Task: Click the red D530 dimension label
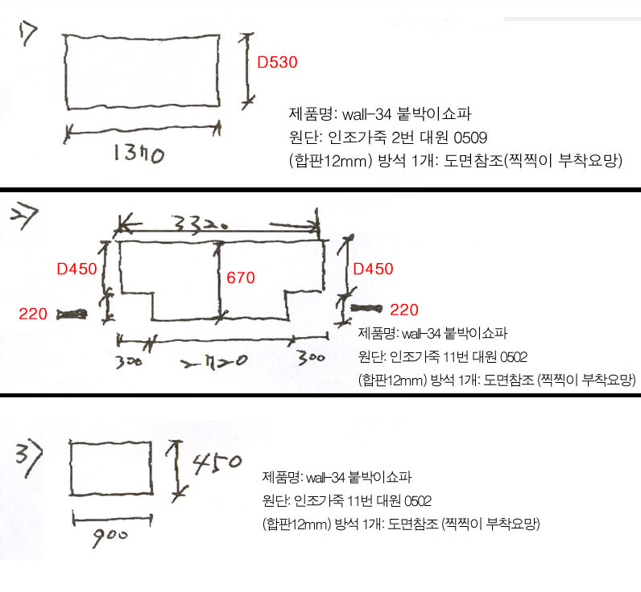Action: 277,62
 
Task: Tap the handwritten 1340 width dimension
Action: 139,154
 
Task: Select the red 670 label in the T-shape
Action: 241,277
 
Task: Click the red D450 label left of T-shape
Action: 77,269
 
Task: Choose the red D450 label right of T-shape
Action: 373,269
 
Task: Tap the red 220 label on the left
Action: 33,314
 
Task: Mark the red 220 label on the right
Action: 404,310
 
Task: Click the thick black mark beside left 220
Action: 72,314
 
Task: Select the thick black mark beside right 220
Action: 366,308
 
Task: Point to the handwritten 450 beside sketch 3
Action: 217,463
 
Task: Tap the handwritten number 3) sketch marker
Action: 29,460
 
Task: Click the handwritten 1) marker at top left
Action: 28,34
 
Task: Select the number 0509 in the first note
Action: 470,138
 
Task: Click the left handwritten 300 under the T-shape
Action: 129,362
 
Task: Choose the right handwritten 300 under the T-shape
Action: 312,358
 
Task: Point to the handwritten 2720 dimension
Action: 215,361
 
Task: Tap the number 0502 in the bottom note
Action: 418,501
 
